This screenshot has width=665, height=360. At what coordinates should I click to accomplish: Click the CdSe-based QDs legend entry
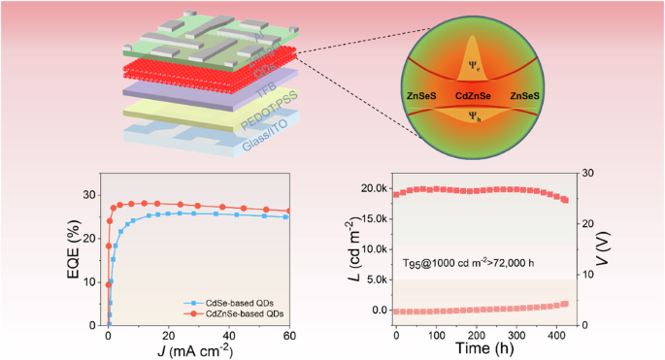click(x=237, y=304)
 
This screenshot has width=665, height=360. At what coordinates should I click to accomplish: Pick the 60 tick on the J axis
click(x=287, y=334)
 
